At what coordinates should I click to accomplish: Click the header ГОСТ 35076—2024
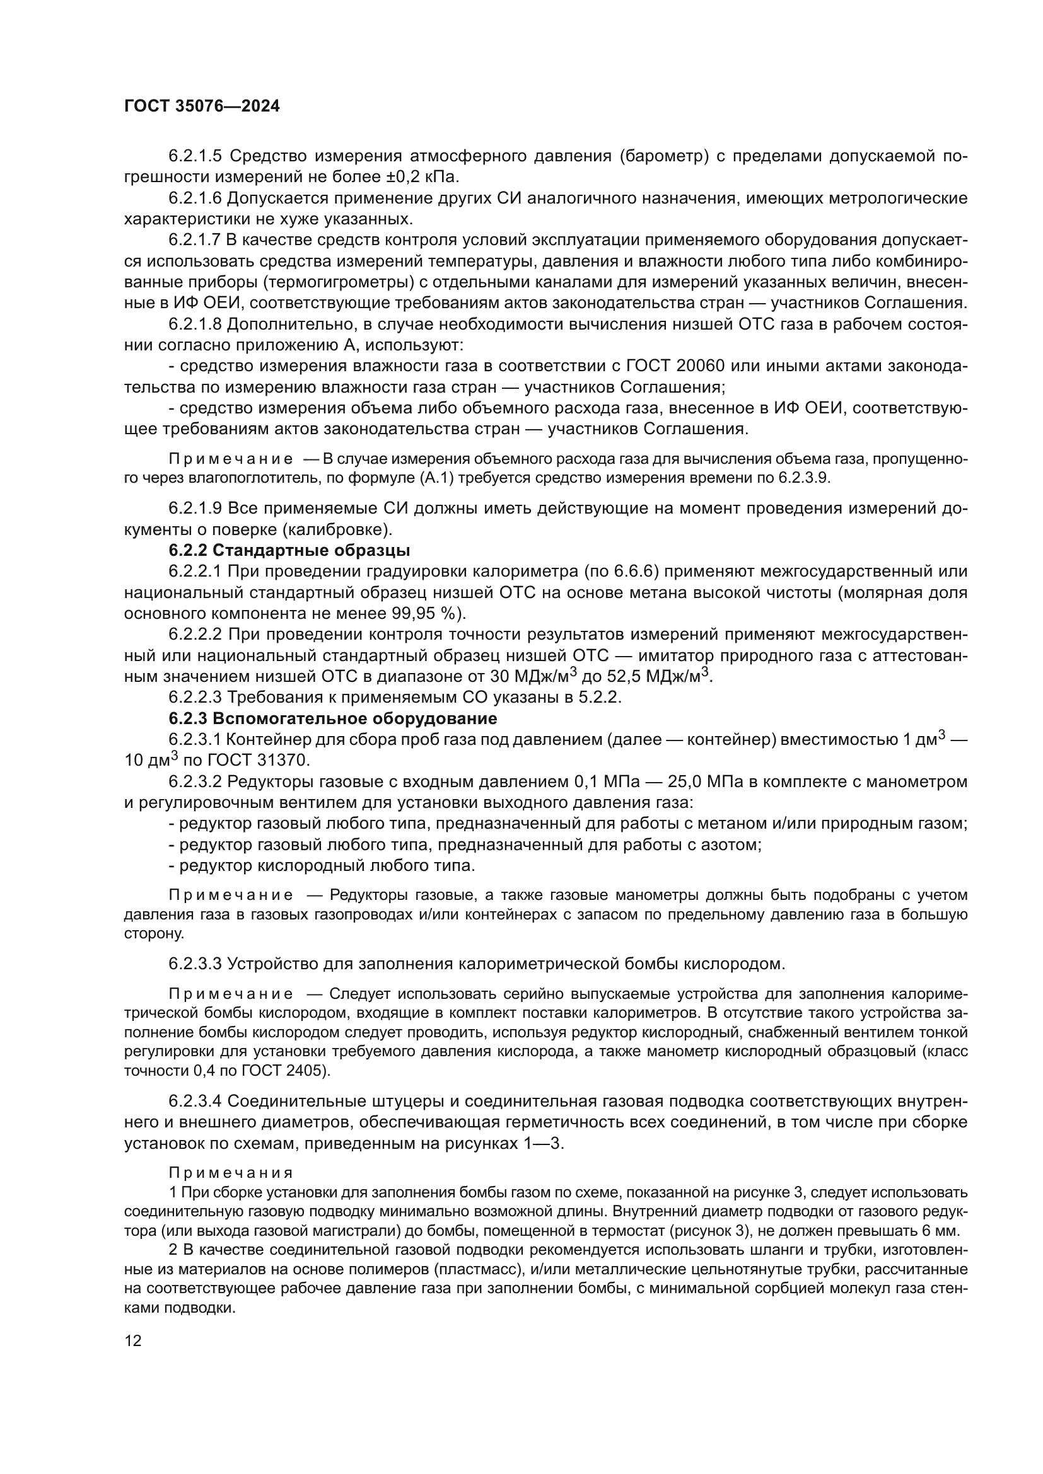pyautogui.click(x=202, y=107)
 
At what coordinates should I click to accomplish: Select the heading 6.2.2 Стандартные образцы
pyautogui.click(x=289, y=550)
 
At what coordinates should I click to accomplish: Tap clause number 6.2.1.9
pyautogui.click(x=195, y=509)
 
